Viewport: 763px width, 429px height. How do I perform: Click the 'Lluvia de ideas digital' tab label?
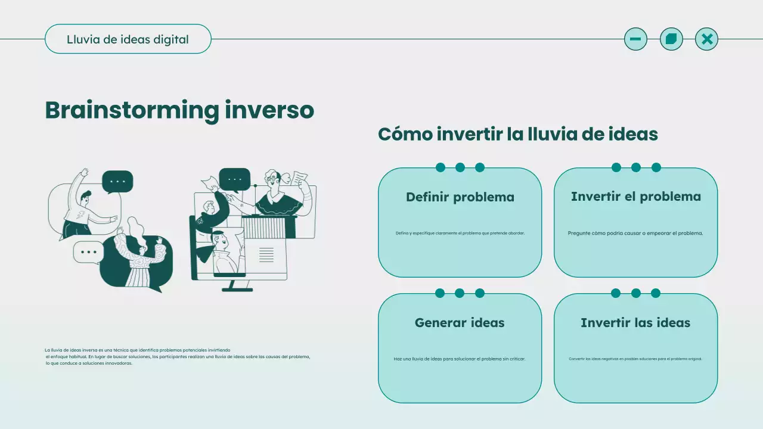coord(128,39)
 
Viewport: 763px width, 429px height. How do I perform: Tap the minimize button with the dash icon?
coord(635,39)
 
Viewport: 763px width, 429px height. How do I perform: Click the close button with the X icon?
coord(706,39)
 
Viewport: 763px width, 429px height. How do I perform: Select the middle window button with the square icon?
coord(671,39)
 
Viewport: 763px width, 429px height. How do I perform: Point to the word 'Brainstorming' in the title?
coord(132,110)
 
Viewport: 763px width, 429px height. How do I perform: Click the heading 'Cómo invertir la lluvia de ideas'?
coord(517,134)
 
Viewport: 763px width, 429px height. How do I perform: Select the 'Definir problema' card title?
coord(460,197)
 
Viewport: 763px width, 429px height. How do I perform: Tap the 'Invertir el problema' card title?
coord(635,197)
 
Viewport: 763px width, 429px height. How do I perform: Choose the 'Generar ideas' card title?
coord(460,323)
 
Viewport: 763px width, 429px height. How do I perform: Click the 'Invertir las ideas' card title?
coord(635,323)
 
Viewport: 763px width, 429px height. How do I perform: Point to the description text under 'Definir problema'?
coord(460,234)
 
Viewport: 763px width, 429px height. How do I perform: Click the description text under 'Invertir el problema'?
coord(635,234)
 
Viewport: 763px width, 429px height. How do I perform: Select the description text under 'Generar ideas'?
coord(460,359)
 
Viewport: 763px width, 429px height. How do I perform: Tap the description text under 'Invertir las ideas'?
coord(635,359)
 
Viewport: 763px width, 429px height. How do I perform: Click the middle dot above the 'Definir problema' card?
coord(460,167)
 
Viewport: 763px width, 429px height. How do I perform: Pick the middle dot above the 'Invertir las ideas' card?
coord(635,293)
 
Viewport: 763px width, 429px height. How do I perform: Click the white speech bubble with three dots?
coord(88,252)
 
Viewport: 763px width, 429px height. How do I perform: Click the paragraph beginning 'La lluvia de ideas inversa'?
coord(177,356)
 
